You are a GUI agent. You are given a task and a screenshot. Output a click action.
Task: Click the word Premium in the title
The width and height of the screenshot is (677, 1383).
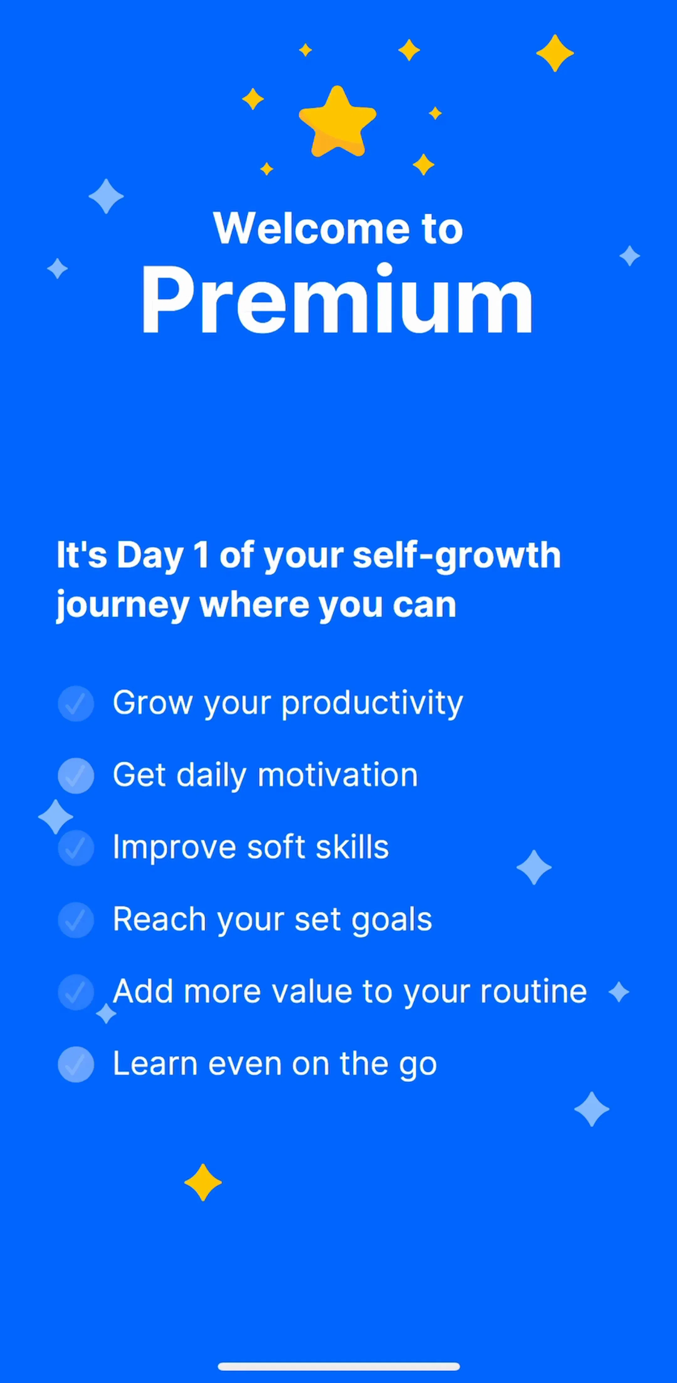point(337,300)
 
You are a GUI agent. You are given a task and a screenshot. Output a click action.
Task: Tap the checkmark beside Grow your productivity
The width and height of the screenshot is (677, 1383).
point(76,703)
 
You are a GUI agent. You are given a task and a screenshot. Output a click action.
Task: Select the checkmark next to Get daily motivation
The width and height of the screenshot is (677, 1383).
point(76,775)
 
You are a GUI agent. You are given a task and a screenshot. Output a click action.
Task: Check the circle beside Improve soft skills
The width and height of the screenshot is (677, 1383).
point(76,848)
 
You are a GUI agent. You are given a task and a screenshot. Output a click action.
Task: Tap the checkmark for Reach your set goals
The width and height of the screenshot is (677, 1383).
point(76,920)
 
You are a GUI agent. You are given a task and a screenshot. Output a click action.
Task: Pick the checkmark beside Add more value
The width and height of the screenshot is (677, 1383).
point(76,992)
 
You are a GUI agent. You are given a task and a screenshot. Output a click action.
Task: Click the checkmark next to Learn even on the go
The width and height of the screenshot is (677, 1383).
point(76,1064)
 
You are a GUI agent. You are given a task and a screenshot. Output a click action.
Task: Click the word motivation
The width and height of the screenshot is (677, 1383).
point(338,775)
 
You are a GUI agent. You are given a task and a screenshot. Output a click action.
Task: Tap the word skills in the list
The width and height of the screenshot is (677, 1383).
point(352,847)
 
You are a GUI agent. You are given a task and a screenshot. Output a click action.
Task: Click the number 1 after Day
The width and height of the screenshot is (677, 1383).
point(201,555)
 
